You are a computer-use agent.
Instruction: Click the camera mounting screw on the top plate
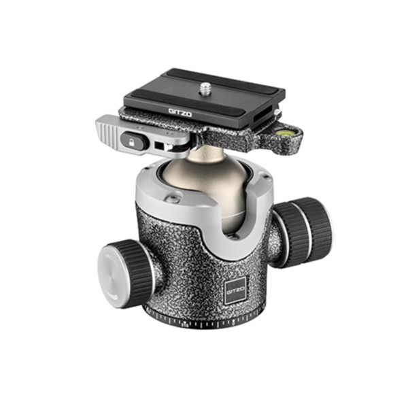click(x=205, y=87)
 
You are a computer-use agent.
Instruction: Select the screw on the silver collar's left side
click(x=173, y=198)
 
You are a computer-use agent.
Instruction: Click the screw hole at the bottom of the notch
click(x=233, y=236)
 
